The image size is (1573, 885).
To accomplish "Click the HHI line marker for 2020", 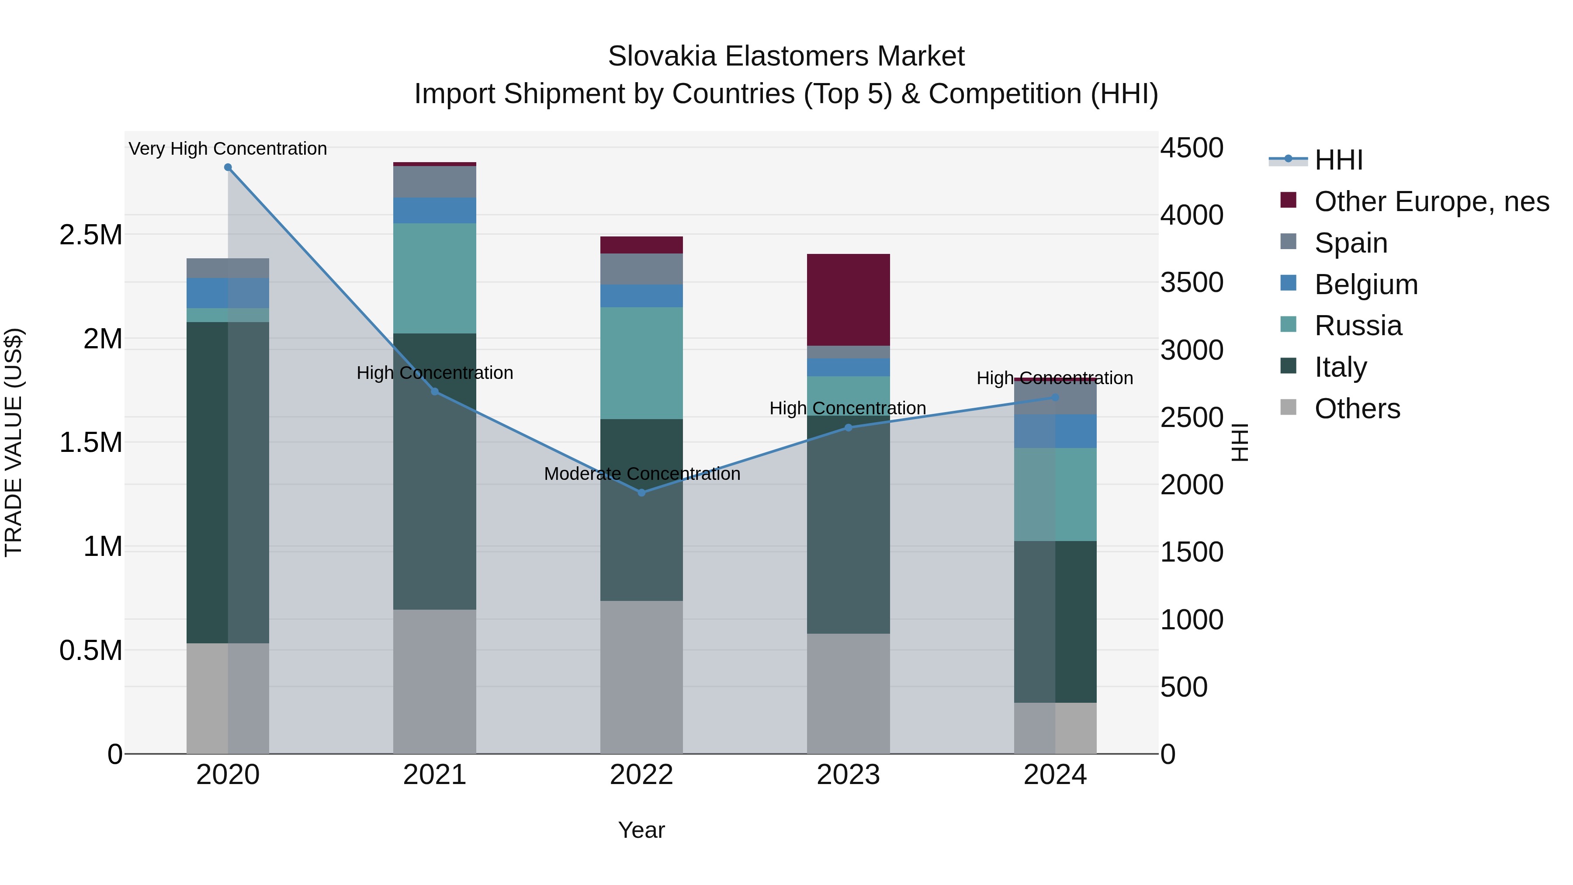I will coord(228,167).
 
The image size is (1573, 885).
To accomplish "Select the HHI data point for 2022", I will coord(641,492).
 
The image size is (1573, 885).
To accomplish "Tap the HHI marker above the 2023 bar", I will coord(848,427).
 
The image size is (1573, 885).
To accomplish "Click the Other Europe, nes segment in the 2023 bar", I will coord(848,299).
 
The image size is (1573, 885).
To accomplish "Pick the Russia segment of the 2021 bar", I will coord(434,278).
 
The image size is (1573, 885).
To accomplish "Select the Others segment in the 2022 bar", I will coord(641,677).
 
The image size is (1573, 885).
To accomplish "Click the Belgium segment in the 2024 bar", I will coord(1055,431).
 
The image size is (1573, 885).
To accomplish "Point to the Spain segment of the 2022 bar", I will coord(641,269).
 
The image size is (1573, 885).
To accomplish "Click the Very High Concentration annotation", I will coord(228,149).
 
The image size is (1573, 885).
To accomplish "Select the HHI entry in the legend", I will coord(1338,160).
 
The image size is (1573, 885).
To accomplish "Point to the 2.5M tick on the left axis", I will coord(91,235).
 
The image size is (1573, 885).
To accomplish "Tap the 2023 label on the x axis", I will coord(848,775).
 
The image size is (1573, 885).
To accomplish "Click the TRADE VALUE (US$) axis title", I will coord(14,442).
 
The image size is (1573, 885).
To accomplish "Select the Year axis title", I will coord(641,830).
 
